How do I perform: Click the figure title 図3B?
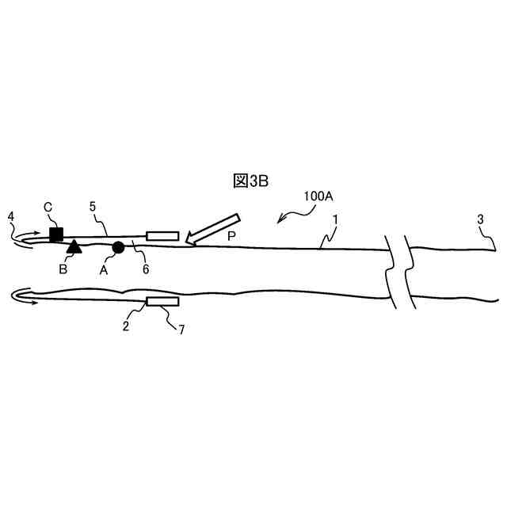coord(251,181)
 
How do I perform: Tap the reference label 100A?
coord(318,196)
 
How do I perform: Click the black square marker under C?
coord(56,234)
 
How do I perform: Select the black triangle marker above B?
coord(74,246)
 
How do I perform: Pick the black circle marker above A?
coord(118,248)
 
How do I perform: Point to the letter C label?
coord(48,208)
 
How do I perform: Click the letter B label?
coord(63,269)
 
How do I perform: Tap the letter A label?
coord(104,269)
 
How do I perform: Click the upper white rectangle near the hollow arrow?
coord(162,235)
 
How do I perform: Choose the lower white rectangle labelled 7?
coord(162,302)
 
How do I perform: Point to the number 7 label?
coord(181,330)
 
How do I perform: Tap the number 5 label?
coord(93,206)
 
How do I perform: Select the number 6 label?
coord(146,269)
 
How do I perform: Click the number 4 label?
coord(10,215)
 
